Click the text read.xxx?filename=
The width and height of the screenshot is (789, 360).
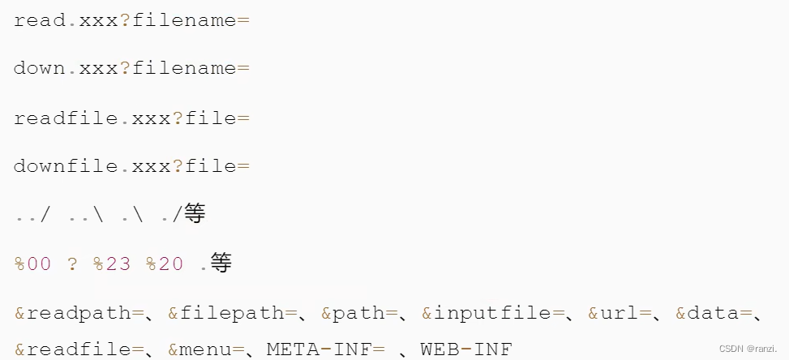(x=131, y=20)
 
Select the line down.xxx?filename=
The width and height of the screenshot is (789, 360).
(x=131, y=68)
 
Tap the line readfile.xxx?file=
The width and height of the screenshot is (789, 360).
(x=131, y=118)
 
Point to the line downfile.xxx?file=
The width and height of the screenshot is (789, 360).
(x=131, y=166)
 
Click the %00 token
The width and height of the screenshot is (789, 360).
(x=32, y=264)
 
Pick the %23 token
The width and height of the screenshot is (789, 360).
(x=112, y=264)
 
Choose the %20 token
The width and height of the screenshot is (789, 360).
(x=165, y=264)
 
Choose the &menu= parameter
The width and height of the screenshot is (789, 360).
(x=205, y=349)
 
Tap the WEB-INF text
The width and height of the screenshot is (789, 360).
(x=466, y=349)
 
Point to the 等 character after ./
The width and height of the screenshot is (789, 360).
(x=195, y=214)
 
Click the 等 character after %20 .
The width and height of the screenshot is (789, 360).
(x=221, y=264)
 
